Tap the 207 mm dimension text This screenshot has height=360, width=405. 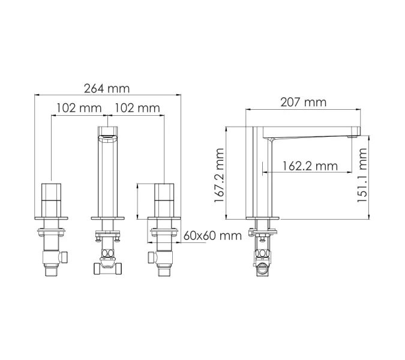tap(304, 103)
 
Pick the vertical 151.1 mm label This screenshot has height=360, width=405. tap(362, 176)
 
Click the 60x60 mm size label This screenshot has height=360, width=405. tap(211, 235)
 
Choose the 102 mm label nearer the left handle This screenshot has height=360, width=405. tap(79, 109)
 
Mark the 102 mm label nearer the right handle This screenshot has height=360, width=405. tap(137, 109)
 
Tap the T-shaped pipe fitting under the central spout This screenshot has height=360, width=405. tap(109, 266)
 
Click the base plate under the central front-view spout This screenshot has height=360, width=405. tap(109, 217)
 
